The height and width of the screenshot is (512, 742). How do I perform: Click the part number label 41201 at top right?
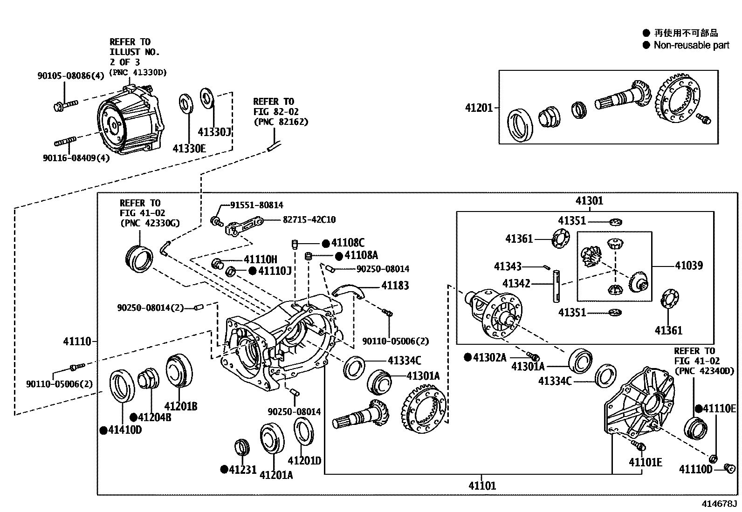pos(478,108)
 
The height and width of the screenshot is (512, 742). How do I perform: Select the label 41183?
pos(395,285)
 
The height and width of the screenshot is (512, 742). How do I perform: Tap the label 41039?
pos(689,266)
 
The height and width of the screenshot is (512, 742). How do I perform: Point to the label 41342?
pos(516,283)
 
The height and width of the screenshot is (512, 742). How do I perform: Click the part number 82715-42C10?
pos(309,219)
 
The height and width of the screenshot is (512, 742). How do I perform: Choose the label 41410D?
pos(125,430)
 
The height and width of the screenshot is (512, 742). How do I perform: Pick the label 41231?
pos(242,469)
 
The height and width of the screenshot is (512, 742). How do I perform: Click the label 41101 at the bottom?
pos(482,486)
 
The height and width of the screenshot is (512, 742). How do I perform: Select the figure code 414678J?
pos(720,504)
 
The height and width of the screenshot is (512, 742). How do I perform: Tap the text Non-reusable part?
pos(691,45)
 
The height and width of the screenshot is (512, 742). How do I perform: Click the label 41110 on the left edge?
pos(77,341)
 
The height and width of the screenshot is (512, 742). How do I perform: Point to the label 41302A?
pos(489,357)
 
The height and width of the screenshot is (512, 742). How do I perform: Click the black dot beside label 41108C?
pos(326,243)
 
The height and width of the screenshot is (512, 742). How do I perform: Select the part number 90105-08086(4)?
pos(71,75)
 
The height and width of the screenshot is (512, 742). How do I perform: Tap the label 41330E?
pos(189,149)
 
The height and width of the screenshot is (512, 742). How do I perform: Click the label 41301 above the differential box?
pos(589,201)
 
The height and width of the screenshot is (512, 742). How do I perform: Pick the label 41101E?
pos(645,462)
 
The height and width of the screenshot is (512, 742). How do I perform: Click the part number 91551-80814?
pos(256,205)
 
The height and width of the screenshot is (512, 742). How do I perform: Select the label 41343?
pos(508,266)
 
